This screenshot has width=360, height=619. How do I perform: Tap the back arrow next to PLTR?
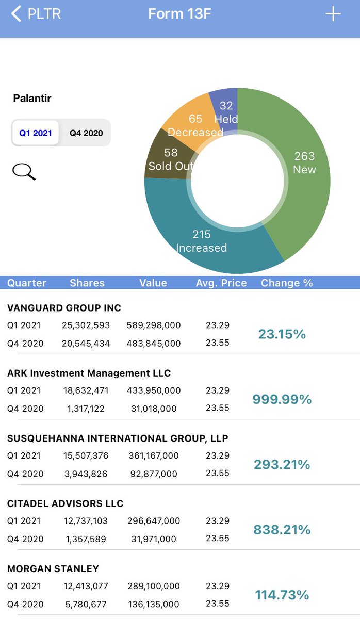coord(17,14)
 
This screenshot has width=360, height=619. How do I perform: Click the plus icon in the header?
coord(333,14)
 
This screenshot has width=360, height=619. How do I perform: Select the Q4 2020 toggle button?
coord(86,133)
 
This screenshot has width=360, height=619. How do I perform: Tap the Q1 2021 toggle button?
coord(36,133)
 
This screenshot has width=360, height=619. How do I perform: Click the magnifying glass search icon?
coord(24,172)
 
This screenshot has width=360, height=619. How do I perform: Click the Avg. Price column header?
coord(221,283)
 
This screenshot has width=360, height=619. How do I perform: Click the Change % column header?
coord(287,283)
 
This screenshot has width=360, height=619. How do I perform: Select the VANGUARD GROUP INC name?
coord(64,308)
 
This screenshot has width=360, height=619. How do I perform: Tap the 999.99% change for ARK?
coord(282,399)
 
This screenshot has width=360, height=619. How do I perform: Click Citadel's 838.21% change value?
coord(282,530)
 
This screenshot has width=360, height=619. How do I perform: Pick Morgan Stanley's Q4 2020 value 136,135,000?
coord(154,604)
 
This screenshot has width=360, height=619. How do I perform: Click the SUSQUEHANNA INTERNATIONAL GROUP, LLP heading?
coord(118,438)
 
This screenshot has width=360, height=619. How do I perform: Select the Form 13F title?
coord(179,14)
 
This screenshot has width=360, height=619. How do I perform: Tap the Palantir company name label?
coord(32,98)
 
